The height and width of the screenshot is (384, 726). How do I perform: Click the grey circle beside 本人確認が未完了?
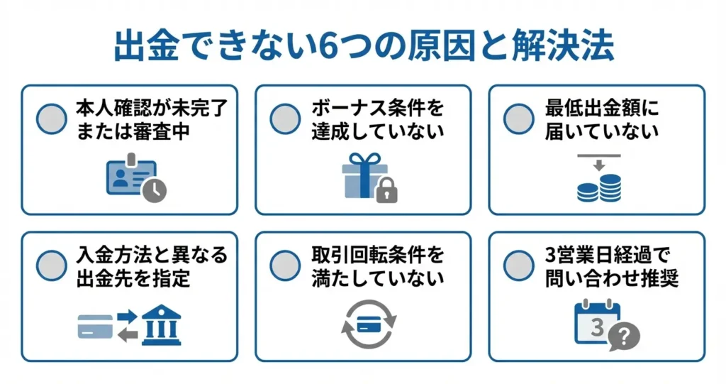coord(51,119)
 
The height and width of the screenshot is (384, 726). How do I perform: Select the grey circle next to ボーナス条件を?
coord(285,119)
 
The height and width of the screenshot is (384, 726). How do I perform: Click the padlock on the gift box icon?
coord(386,190)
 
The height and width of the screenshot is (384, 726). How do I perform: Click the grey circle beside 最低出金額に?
coord(518,119)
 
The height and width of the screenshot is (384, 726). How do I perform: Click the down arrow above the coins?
coord(598,165)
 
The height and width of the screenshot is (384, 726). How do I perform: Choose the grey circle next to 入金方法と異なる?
coord(51,265)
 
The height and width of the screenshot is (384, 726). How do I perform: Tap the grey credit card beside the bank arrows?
coord(95,326)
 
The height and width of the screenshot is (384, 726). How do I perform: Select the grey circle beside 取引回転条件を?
coord(285,265)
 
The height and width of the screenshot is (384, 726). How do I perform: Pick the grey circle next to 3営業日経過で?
coord(518,265)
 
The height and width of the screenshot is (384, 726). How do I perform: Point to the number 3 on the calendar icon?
coord(597,326)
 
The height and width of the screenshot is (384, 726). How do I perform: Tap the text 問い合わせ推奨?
coord(612,278)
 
